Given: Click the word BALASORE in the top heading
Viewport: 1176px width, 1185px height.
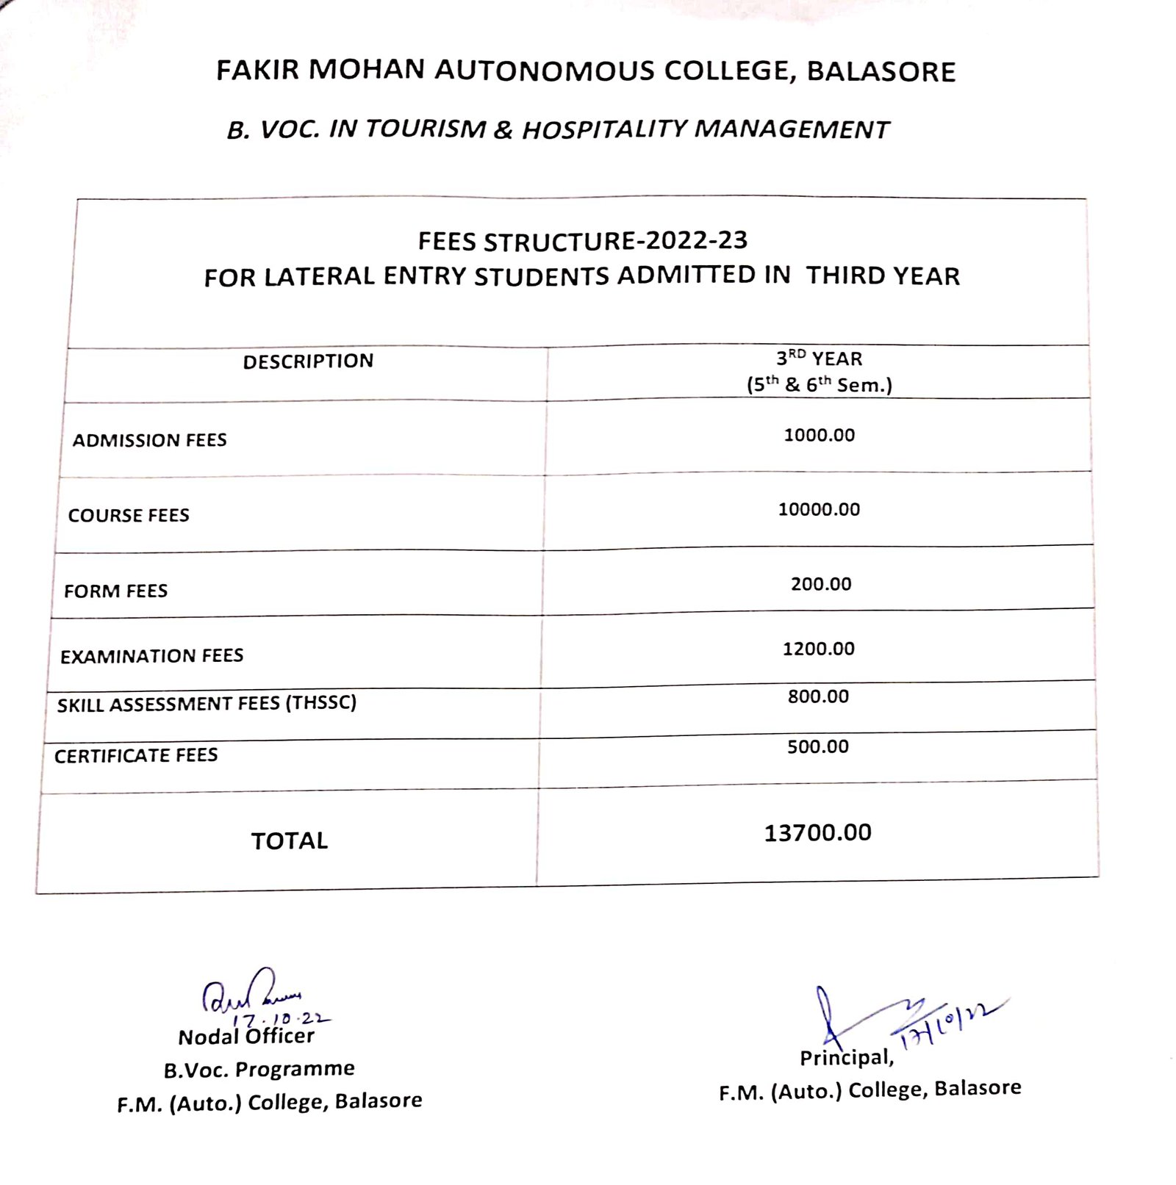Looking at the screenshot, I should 881,72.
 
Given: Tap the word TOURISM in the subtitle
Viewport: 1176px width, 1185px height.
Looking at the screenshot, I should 426,129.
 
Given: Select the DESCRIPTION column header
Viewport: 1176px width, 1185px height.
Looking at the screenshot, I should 308,361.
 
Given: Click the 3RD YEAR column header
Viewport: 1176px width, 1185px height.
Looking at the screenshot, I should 819,359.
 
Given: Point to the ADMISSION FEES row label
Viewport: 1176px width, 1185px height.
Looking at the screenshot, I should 149,440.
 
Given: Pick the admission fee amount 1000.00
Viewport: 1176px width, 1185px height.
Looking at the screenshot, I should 819,435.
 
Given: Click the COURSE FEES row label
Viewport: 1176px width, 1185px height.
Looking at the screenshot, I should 129,516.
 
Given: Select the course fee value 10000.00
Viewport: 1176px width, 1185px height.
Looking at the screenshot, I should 819,509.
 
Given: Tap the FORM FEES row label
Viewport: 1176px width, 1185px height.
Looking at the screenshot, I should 115,591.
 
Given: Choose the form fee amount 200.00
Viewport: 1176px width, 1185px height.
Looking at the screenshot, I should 821,584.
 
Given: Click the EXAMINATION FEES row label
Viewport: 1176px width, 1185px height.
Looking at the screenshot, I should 151,656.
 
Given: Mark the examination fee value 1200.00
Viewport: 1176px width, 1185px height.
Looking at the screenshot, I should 818,649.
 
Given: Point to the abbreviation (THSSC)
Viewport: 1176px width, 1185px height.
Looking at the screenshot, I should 321,703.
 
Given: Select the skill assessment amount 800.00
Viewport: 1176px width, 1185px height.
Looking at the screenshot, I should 818,696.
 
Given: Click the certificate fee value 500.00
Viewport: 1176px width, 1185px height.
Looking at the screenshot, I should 817,747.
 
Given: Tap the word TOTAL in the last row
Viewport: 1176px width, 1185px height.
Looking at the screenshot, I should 290,841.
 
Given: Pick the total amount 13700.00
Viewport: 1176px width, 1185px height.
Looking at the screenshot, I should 817,833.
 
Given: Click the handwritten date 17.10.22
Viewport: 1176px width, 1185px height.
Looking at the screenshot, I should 282,1019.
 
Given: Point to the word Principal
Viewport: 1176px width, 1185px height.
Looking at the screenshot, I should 846,1058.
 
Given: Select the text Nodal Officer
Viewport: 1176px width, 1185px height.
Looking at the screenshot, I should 246,1037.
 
